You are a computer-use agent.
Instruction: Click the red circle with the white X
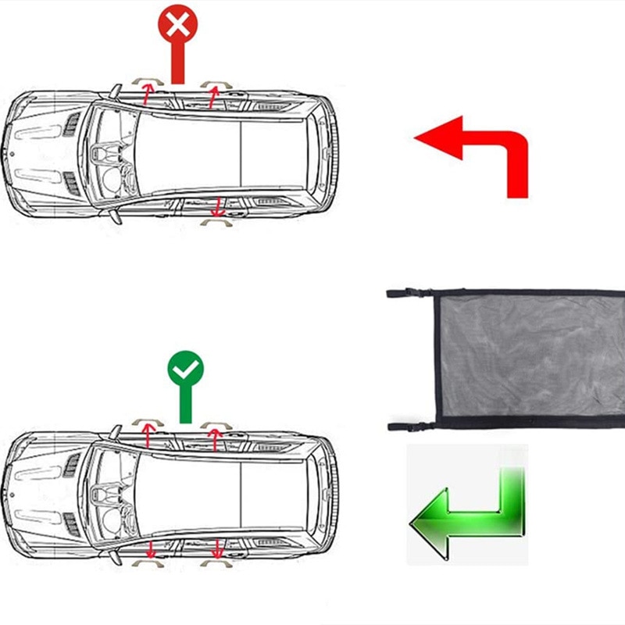point(177,26)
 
